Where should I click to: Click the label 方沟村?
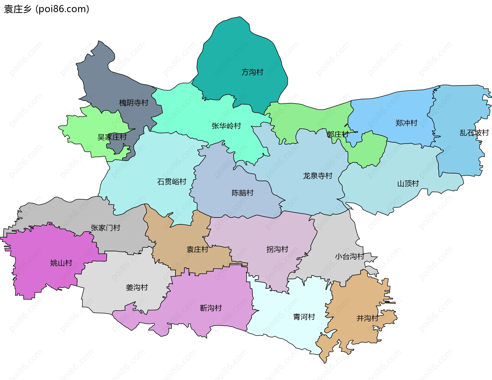tap(252, 72)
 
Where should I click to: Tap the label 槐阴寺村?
tap(134, 103)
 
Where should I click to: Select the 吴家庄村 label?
tap(112, 137)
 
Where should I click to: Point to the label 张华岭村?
tap(226, 126)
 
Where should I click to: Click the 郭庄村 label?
tap(338, 134)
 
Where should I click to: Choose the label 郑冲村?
tap(406, 123)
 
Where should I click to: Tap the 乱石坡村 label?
tap(474, 133)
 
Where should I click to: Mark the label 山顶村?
tap(408, 184)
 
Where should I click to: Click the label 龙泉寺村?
tap(317, 176)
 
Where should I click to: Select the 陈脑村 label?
tap(242, 193)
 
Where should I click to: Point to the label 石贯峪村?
tap(171, 182)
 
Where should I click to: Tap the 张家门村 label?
tap(105, 228)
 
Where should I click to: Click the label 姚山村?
tap(61, 263)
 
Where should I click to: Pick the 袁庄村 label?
tap(197, 249)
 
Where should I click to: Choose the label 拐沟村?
tap(277, 249)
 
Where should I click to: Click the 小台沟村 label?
tap(350, 256)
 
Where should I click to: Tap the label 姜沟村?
tap(137, 288)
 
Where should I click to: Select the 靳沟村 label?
tap(211, 308)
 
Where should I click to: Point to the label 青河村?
tap(304, 317)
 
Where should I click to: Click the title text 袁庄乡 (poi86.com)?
tap(46, 9)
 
